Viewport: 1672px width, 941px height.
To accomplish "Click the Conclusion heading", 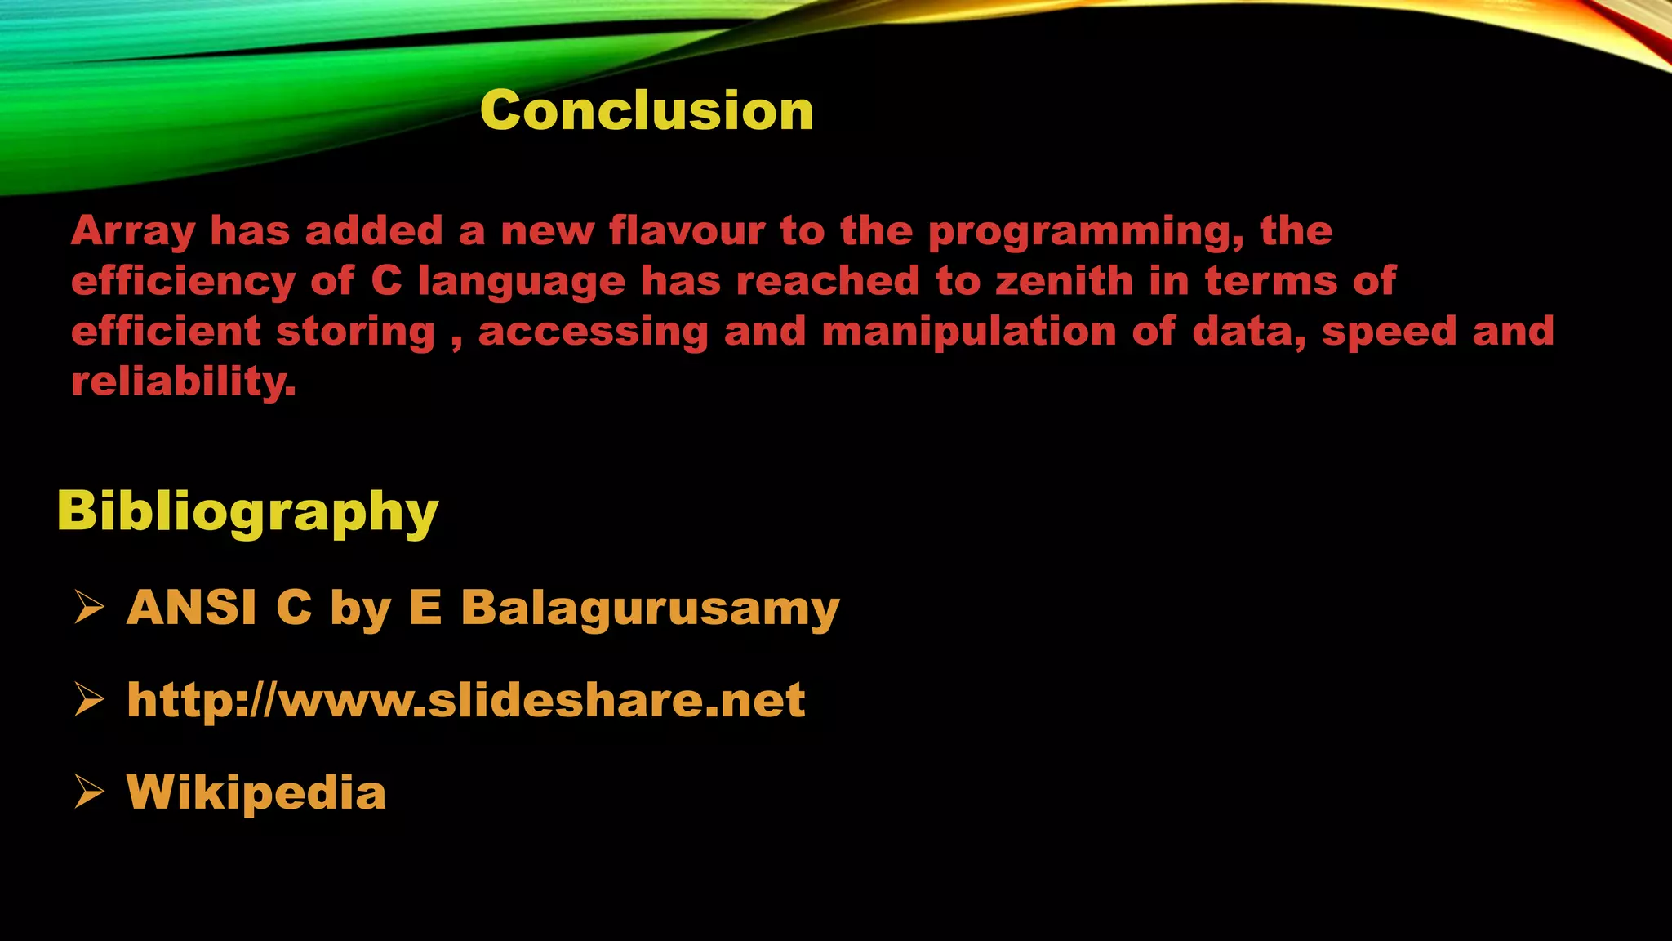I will point(647,110).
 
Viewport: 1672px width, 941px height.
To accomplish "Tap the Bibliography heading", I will point(247,511).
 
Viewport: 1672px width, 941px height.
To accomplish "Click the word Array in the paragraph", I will point(133,232).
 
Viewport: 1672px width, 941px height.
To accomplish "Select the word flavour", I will point(687,230).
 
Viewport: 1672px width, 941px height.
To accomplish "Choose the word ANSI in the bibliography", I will point(192,608).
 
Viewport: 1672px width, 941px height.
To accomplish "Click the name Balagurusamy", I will point(650,609).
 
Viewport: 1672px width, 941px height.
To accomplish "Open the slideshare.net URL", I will point(466,701).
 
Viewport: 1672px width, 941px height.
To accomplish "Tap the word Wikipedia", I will point(256,792).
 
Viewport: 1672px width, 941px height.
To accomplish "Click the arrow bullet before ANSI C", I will point(89,608).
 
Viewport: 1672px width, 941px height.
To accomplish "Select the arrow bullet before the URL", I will point(89,700).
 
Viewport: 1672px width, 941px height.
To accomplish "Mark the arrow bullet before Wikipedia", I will point(89,792).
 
